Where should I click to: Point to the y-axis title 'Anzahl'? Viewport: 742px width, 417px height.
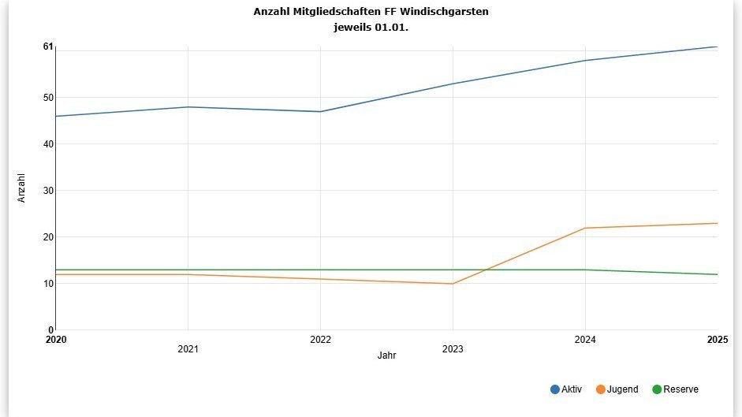point(21,188)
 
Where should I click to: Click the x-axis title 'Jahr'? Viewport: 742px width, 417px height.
point(386,356)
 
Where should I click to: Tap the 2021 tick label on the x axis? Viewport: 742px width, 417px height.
point(188,348)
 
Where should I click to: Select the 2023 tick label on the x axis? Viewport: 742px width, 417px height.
point(453,348)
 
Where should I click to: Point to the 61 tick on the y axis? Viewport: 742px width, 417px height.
point(48,47)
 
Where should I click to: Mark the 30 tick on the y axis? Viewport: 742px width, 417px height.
point(48,191)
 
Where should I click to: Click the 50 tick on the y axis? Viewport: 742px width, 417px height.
point(48,98)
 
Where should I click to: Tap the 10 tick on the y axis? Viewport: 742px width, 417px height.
point(48,284)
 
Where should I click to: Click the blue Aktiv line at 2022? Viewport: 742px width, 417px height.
point(320,111)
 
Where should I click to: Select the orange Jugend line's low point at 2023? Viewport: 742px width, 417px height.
point(453,284)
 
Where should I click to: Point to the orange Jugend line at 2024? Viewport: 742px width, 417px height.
point(585,228)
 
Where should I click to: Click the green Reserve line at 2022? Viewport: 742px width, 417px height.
point(320,270)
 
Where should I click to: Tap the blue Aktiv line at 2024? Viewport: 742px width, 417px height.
point(585,61)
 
